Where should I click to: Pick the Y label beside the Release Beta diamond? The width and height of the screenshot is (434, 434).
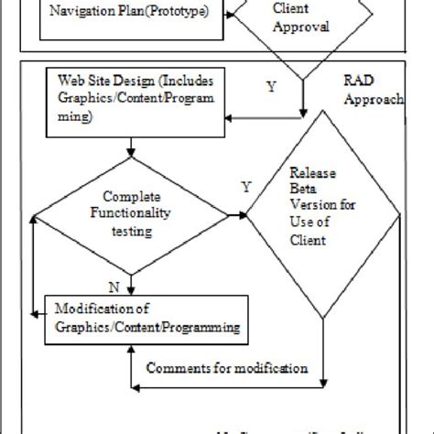pyautogui.click(x=245, y=187)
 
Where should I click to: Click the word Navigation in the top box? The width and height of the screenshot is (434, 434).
pyautogui.click(x=82, y=12)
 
